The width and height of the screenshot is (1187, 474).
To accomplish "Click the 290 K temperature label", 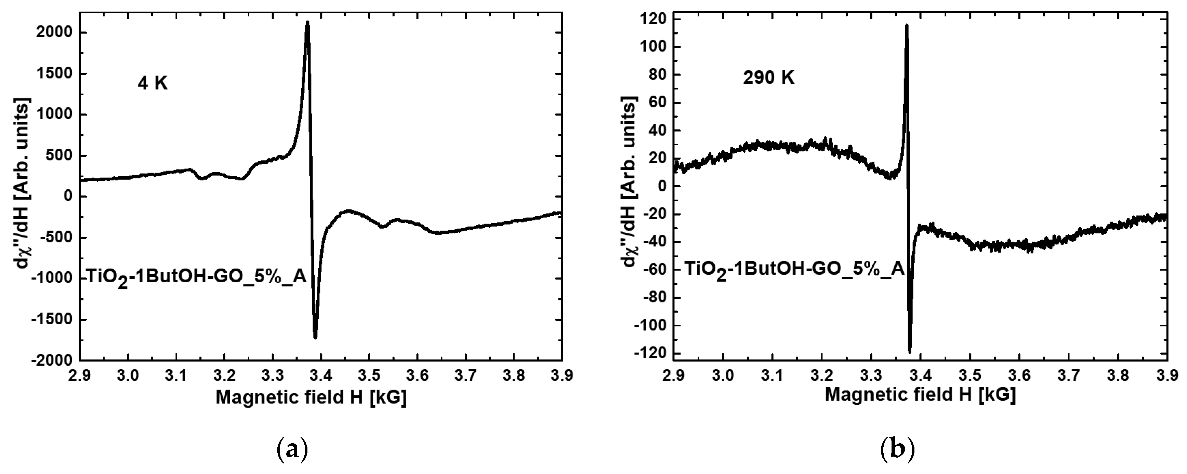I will click(769, 78).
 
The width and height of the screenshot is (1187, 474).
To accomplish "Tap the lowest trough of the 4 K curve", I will click(315, 337).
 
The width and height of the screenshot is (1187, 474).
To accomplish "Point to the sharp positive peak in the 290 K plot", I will click(906, 26).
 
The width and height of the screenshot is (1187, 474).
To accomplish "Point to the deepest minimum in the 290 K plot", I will click(910, 352).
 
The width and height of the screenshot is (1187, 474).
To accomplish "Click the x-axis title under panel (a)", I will click(311, 397).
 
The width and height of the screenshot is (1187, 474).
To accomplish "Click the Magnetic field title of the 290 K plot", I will click(920, 395).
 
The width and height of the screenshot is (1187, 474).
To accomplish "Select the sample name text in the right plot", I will click(793, 270).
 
